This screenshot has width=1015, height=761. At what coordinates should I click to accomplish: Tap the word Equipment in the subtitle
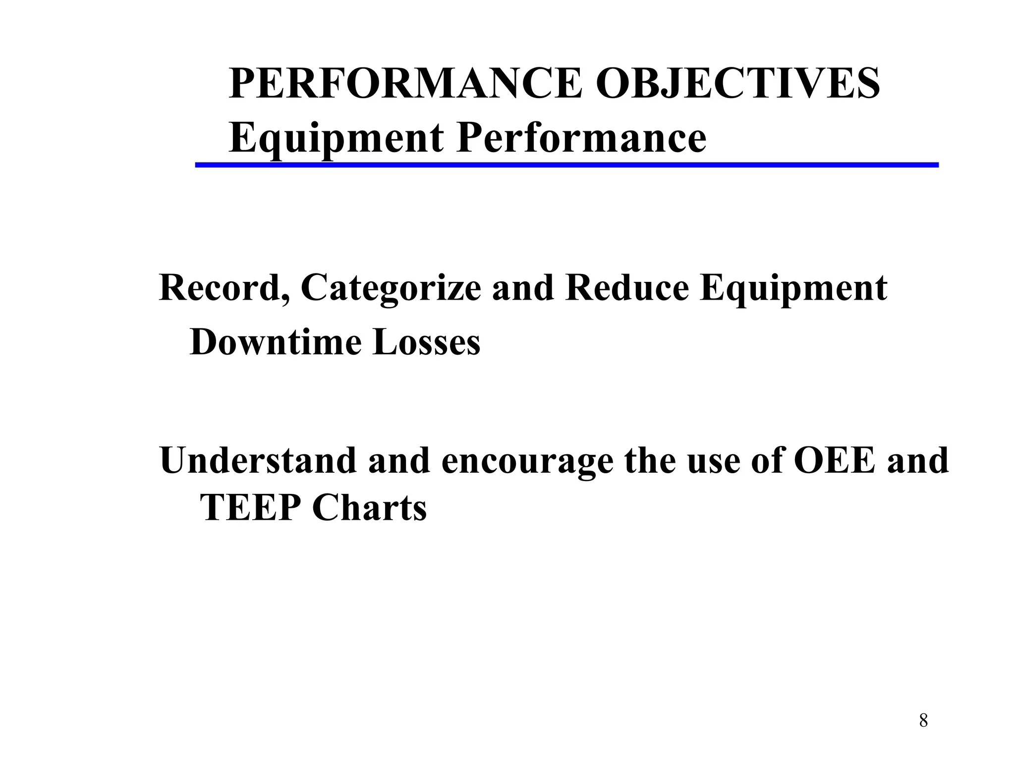coord(336,139)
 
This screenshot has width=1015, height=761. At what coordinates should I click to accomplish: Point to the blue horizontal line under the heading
coord(566,165)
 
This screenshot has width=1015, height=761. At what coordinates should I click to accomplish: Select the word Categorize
coord(391,289)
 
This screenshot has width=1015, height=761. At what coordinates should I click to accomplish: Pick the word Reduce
coord(627,288)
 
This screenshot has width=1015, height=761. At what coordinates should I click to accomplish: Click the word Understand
coord(258,460)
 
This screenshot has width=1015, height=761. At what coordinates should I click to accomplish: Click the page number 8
coord(923,720)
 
